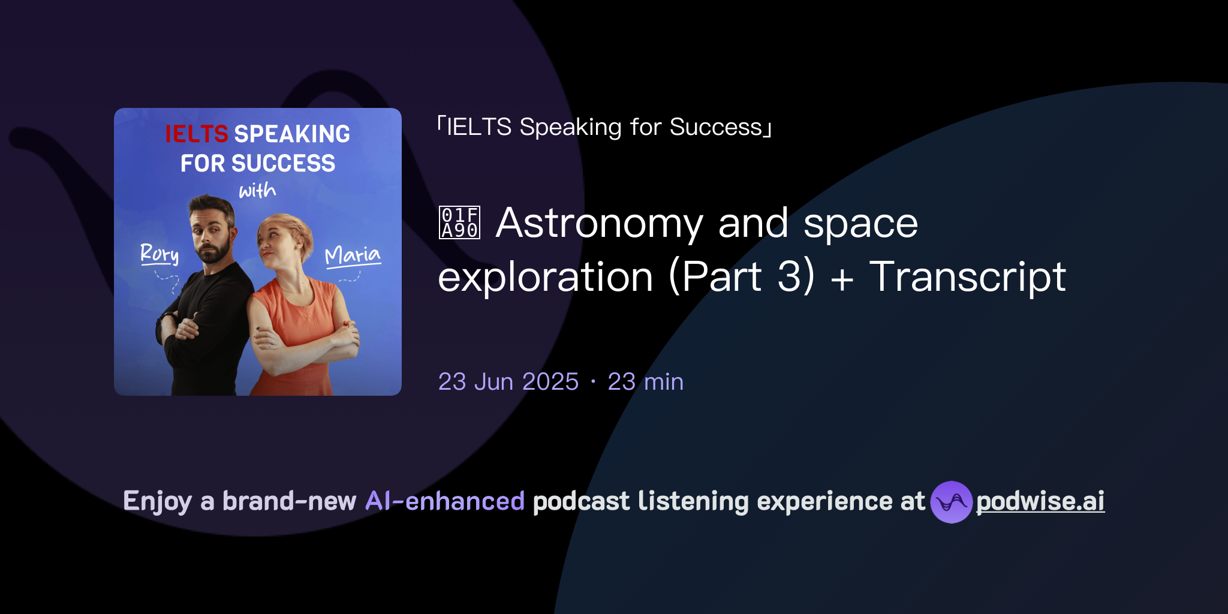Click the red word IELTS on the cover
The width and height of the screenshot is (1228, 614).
pyautogui.click(x=197, y=134)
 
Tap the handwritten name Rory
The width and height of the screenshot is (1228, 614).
pyautogui.click(x=159, y=254)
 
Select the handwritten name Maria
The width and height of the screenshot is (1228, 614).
pyautogui.click(x=353, y=255)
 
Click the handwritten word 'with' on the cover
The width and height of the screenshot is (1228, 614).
pyautogui.click(x=257, y=191)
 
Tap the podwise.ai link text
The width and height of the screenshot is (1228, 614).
pyautogui.click(x=1040, y=501)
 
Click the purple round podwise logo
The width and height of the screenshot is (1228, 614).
pyautogui.click(x=951, y=502)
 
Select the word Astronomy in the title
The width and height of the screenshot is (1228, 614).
pyautogui.click(x=600, y=223)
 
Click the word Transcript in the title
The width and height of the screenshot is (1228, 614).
pyautogui.click(x=967, y=277)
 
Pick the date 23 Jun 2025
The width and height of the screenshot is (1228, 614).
pyautogui.click(x=508, y=381)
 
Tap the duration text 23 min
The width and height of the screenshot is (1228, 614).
pyautogui.click(x=645, y=381)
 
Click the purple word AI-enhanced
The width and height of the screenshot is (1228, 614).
pyautogui.click(x=445, y=501)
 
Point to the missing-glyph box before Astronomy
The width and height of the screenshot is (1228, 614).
pyautogui.click(x=459, y=222)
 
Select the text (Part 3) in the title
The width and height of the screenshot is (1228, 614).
pyautogui.click(x=742, y=277)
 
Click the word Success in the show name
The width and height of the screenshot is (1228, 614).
pyautogui.click(x=716, y=127)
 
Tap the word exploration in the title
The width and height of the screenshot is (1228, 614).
pyautogui.click(x=545, y=277)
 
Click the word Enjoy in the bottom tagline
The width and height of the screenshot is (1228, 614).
pyautogui.click(x=157, y=501)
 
